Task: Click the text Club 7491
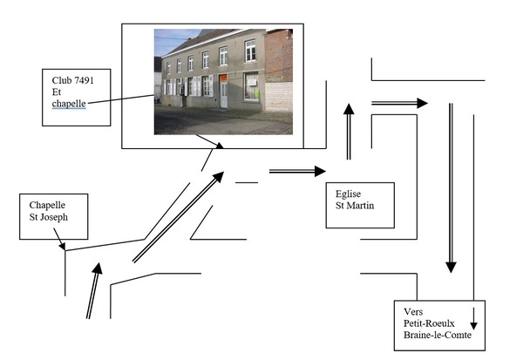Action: tap(72, 80)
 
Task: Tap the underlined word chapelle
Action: tap(69, 104)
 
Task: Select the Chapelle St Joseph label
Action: tap(48, 211)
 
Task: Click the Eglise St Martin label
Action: tap(355, 200)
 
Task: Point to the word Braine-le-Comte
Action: tap(438, 335)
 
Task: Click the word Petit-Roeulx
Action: tap(429, 323)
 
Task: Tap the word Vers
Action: tap(413, 311)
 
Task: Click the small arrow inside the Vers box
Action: tap(473, 319)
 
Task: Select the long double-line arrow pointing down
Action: tap(451, 187)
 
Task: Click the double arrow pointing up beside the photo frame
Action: tap(349, 132)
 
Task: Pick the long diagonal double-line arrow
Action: tap(178, 217)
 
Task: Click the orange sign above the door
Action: tap(223, 78)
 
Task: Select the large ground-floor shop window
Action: tap(252, 86)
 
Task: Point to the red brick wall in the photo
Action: tap(279, 56)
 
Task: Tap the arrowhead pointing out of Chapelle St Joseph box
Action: tap(62, 246)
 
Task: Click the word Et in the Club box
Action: tap(57, 92)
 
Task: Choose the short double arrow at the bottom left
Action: tap(94, 290)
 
